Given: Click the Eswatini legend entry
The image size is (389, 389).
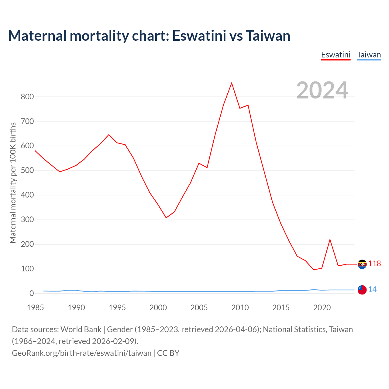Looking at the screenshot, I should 336,55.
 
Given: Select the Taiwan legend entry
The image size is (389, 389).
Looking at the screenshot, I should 369,55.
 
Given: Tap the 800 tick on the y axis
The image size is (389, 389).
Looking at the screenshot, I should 27,97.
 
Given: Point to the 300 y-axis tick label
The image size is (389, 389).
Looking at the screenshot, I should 27,220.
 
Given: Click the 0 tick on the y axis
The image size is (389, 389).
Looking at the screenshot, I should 32,294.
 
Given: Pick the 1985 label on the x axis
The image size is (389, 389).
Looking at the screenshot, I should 35,308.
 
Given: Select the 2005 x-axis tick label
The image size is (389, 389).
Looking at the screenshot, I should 199,308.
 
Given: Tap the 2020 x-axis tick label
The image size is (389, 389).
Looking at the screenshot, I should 322,308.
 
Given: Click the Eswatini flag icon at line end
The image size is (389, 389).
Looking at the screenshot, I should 362,264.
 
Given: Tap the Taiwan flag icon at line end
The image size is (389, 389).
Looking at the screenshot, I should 362,290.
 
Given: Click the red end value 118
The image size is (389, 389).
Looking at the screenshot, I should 374,264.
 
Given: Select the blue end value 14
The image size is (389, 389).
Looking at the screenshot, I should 372,290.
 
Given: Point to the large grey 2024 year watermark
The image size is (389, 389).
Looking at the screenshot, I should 322,90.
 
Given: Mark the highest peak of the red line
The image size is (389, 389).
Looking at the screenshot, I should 232,83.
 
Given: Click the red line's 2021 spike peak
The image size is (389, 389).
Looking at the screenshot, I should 330,240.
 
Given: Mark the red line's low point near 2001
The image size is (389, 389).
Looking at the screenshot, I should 166,218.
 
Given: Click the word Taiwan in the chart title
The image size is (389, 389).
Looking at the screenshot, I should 268,36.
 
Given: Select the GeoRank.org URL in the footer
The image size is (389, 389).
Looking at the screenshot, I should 81,353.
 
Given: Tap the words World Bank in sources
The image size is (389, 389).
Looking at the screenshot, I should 81,329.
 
